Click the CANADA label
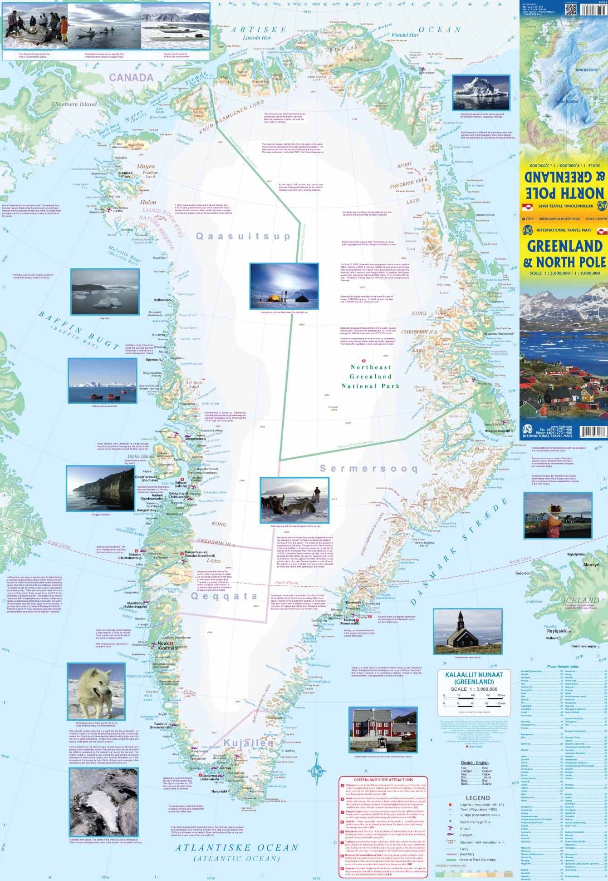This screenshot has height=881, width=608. [x=129, y=77]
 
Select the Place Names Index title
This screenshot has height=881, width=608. [x=563, y=666]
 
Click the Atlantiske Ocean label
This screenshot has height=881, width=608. [x=237, y=848]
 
